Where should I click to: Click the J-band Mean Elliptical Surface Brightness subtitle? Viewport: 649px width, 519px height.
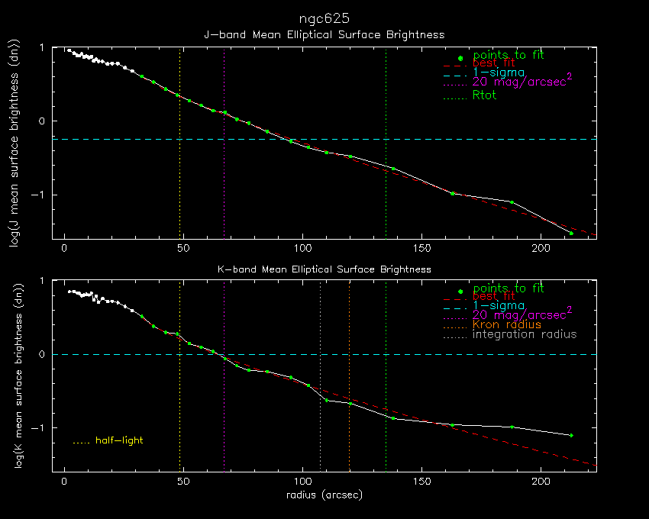pos(324,34)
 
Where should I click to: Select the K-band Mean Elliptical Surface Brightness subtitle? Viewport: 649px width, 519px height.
pos(324,269)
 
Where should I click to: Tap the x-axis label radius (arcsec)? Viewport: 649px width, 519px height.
pos(324,495)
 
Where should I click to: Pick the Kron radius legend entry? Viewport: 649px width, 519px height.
pos(506,324)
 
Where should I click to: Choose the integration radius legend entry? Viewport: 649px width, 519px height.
pos(525,334)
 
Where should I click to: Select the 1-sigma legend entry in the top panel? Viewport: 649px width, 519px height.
pos(499,72)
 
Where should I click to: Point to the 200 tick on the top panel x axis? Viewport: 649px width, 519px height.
pos(541,248)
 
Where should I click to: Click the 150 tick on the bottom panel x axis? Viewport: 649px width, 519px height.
pos(421,482)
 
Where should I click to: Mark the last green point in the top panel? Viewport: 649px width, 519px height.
pos(570,233)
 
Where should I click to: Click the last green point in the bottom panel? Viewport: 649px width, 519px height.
pos(571,435)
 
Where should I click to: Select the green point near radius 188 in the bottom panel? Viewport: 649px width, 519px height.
pos(512,427)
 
